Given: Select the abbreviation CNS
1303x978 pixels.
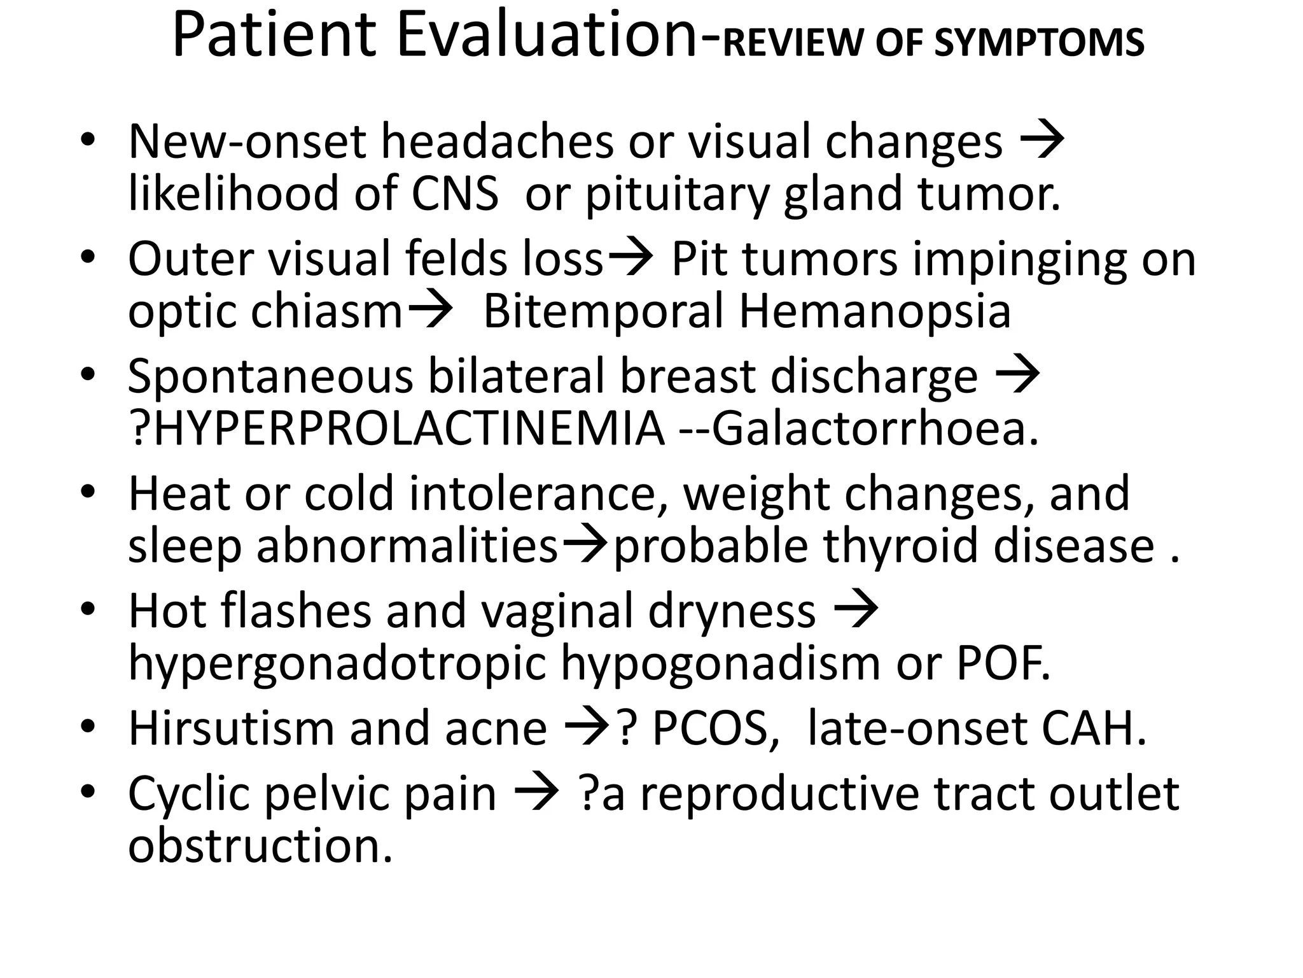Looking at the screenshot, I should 455,194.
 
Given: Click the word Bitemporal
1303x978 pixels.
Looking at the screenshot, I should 603,312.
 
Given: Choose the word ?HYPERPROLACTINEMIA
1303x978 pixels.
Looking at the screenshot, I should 396,429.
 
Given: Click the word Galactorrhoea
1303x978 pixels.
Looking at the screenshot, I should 875,429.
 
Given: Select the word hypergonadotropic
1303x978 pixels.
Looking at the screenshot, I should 337,663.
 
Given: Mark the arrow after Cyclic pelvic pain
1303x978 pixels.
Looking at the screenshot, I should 536,795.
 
